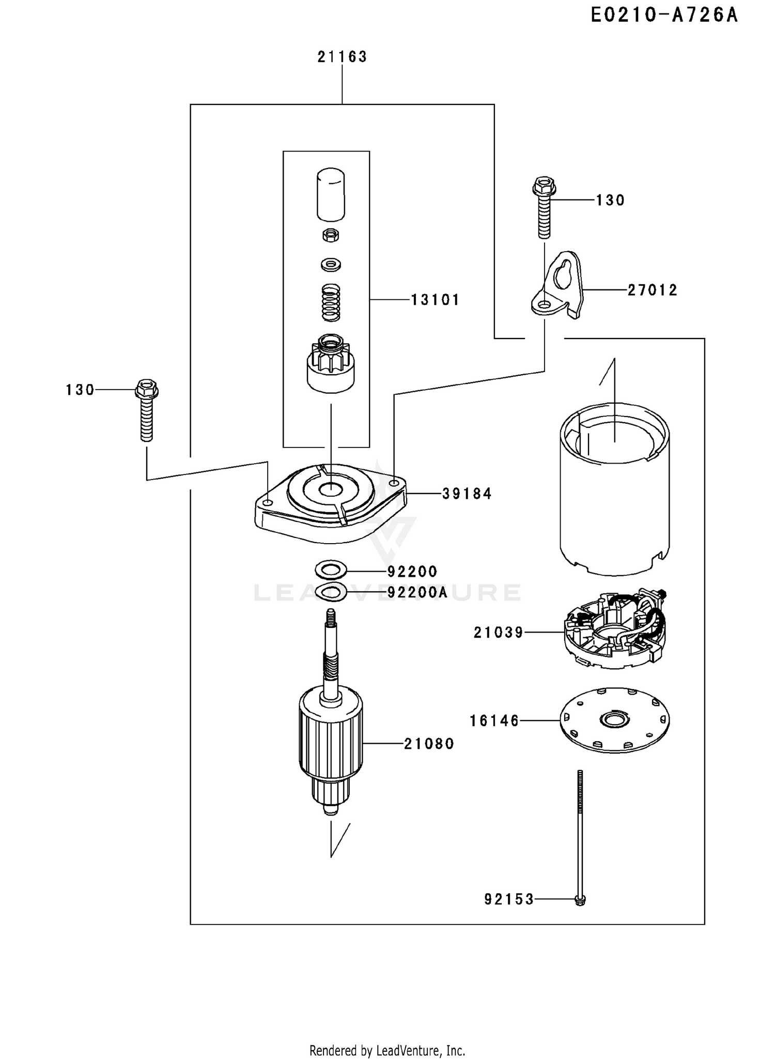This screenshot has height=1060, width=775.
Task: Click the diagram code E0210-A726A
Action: click(664, 16)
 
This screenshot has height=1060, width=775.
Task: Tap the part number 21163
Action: click(342, 57)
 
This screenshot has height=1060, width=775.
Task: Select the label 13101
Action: click(435, 300)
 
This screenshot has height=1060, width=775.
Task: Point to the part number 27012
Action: click(652, 290)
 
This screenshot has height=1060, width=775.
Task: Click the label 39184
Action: click(467, 494)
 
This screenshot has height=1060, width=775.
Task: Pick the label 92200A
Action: click(417, 592)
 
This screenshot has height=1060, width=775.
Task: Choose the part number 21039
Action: click(499, 633)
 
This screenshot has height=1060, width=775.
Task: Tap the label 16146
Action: click(494, 720)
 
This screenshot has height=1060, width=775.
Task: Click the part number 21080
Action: click(429, 744)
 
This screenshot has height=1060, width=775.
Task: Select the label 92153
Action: click(509, 900)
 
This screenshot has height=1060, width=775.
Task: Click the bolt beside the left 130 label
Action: click(147, 410)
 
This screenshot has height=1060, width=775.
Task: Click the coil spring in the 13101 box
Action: click(331, 302)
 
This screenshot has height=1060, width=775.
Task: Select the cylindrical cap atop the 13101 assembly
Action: click(331, 194)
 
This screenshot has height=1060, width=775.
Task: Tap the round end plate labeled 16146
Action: click(614, 720)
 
